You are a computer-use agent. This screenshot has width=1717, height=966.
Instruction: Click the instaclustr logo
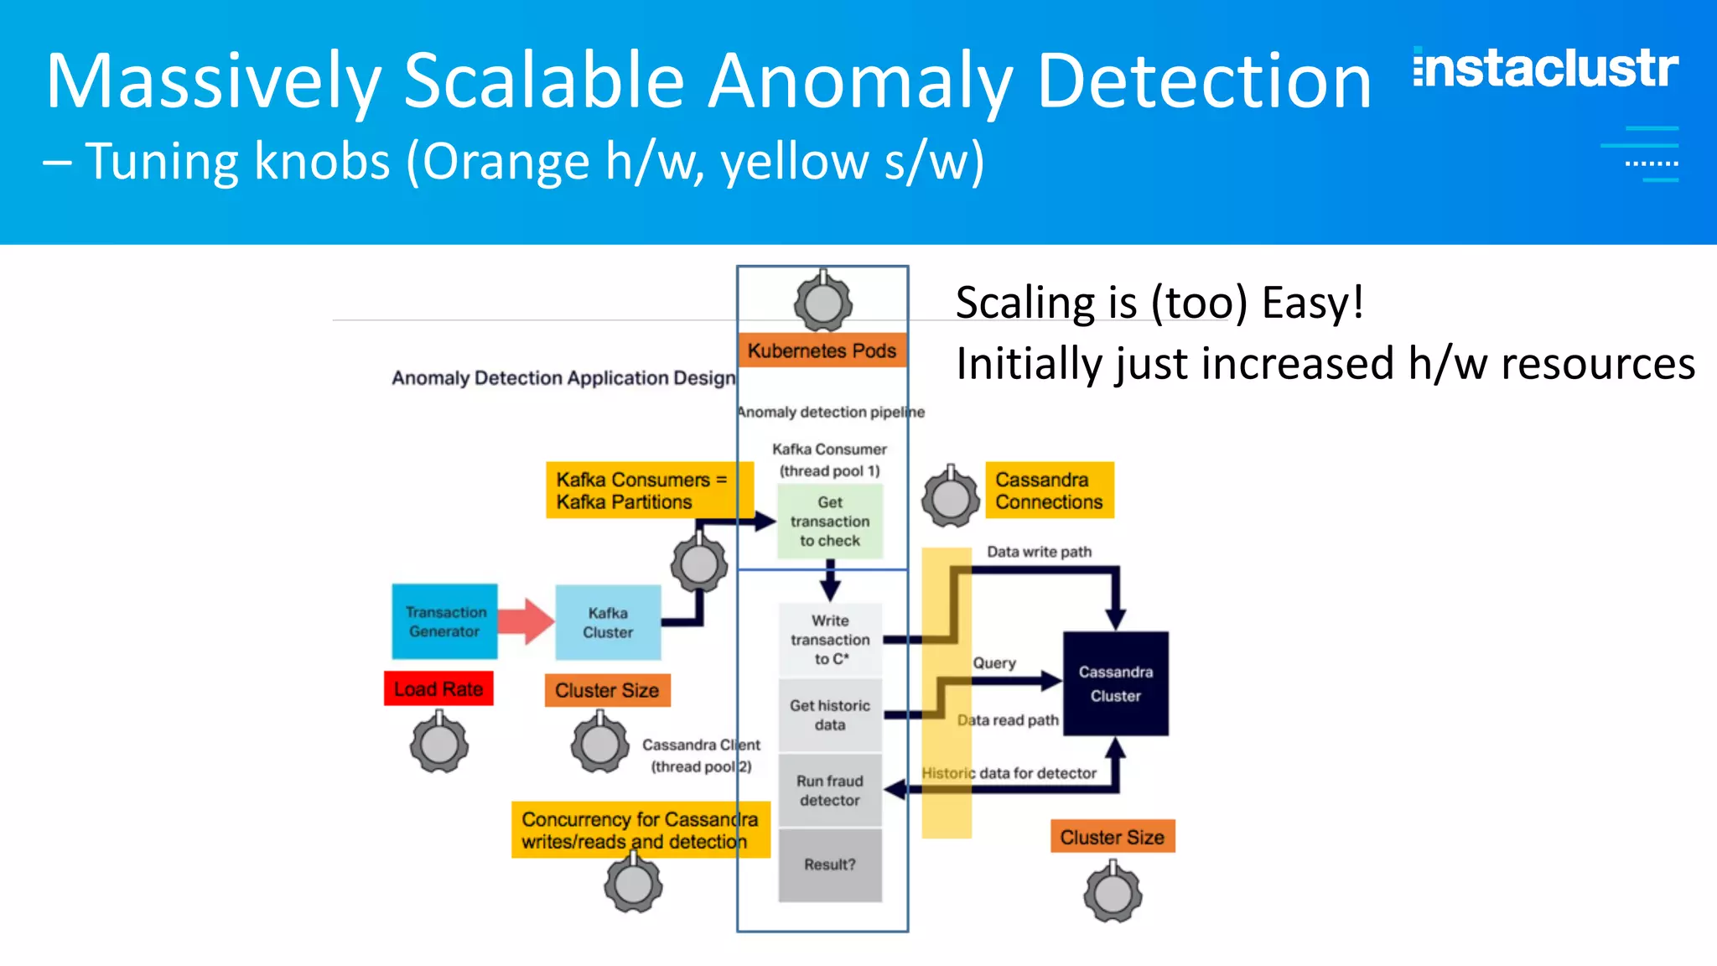pyautogui.click(x=1545, y=69)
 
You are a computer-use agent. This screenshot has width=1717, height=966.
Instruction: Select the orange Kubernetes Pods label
pyautogui.click(x=822, y=351)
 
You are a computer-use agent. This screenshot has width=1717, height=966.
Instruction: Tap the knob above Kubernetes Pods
pyautogui.click(x=823, y=303)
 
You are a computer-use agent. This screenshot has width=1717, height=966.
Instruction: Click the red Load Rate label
pyautogui.click(x=438, y=689)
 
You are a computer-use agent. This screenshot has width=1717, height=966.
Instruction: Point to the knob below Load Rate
pyautogui.click(x=439, y=744)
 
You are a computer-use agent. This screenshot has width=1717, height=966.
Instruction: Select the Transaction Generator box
pyautogui.click(x=444, y=621)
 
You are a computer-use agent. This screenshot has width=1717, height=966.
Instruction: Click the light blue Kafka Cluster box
pyautogui.click(x=608, y=623)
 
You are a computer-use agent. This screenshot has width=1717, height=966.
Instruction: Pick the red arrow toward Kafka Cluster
pyautogui.click(x=526, y=621)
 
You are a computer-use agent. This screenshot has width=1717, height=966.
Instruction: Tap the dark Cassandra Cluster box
pyautogui.click(x=1115, y=683)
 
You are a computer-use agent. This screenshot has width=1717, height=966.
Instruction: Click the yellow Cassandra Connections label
pyautogui.click(x=1049, y=491)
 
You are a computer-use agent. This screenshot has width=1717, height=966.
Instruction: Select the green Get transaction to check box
pyautogui.click(x=830, y=522)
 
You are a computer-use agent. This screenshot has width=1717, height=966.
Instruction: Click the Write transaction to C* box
pyautogui.click(x=830, y=640)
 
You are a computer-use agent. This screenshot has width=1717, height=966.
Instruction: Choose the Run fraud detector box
pyautogui.click(x=830, y=790)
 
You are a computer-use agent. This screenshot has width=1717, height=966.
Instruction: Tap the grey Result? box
pyautogui.click(x=830, y=865)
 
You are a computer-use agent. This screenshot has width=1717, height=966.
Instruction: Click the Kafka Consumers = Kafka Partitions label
pyautogui.click(x=641, y=491)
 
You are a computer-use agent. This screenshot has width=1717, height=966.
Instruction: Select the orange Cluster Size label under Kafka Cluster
pyautogui.click(x=607, y=690)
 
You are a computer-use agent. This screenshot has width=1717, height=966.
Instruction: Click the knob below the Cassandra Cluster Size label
pyautogui.click(x=1113, y=894)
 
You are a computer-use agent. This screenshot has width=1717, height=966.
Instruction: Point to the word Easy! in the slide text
pyautogui.click(x=1312, y=303)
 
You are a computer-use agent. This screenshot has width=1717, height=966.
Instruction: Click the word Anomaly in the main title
pyautogui.click(x=860, y=81)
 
